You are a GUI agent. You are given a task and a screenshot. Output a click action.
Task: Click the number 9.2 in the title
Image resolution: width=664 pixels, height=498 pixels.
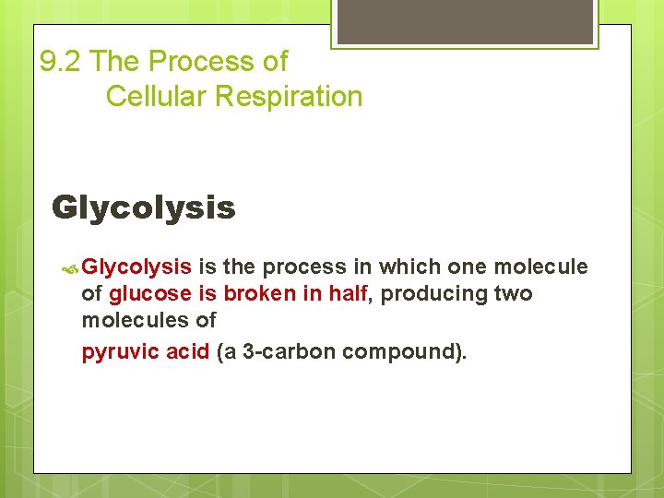click(62, 62)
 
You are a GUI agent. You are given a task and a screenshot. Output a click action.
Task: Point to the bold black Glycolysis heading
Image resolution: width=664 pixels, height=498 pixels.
click(144, 207)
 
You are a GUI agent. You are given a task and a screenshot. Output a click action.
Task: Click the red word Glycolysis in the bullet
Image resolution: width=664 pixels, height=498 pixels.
click(136, 267)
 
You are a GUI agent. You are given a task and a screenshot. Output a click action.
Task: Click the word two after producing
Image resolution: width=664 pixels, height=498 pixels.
click(515, 294)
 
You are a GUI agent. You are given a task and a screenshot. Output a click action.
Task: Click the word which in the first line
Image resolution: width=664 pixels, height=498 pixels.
click(409, 267)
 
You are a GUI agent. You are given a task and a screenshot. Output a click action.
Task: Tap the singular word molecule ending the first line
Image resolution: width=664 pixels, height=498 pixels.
click(540, 267)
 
